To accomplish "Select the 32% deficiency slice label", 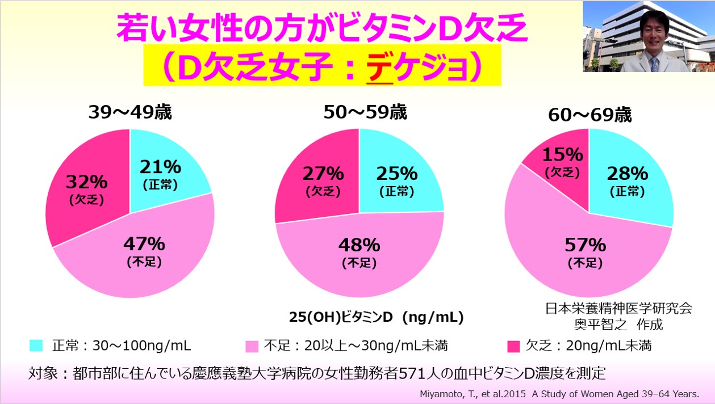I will pos(86,182).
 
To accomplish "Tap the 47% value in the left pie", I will pos(144,245).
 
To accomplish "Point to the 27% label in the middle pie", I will pos(323,173).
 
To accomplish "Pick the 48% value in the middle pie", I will pos(359,245).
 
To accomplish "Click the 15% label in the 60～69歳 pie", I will pos(562,154).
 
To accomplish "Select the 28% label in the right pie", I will pos(627,174).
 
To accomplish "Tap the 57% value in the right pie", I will pos(586,245).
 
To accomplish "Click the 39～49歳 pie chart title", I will pos(130,112).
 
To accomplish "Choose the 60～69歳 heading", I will pos(589,115).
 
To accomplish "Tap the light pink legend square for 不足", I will pos(250,344).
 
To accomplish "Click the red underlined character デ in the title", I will pos(380,69).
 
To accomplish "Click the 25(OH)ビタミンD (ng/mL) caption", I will pos(377,317).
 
